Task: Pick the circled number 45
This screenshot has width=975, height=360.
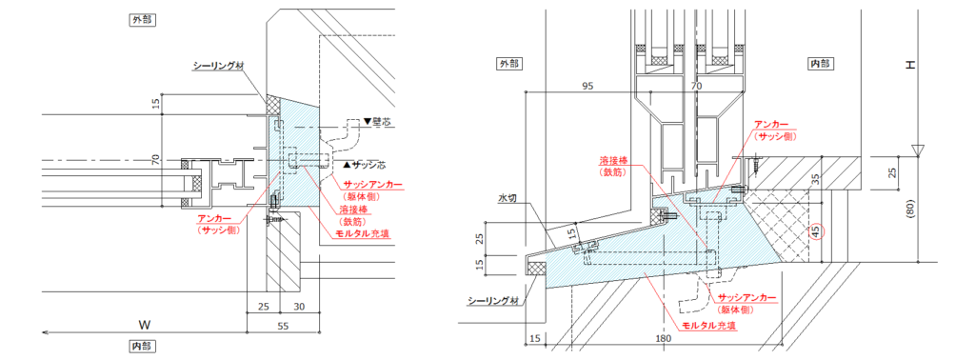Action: coord(814,230)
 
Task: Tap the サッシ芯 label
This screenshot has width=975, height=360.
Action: coord(367,166)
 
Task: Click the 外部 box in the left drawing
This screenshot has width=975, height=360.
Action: coord(142,19)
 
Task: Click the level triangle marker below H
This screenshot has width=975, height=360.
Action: coord(916,150)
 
